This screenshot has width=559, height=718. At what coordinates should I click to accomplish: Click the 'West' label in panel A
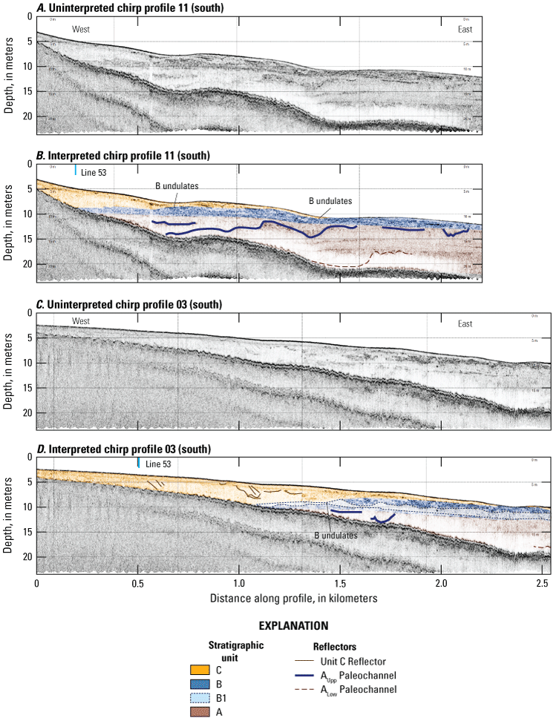pos(81,29)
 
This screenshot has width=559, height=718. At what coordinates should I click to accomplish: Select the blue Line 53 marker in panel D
pos(138,462)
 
